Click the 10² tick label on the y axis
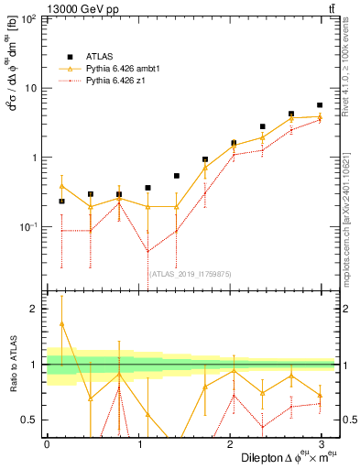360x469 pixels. [x=29, y=19]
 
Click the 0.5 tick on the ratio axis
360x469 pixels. [x=30, y=420]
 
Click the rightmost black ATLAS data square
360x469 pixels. [x=320, y=105]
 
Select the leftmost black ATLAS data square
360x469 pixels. [x=61, y=202]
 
